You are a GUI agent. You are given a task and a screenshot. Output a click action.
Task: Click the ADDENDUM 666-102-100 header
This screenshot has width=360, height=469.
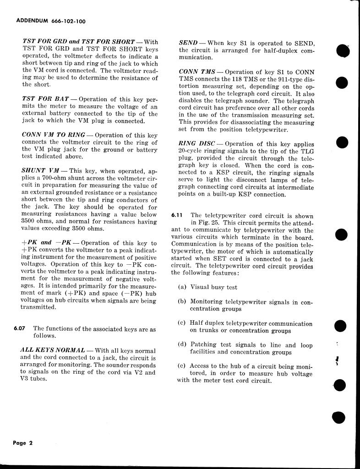point(50,21)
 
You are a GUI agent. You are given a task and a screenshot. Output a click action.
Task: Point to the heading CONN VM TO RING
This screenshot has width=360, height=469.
point(53,135)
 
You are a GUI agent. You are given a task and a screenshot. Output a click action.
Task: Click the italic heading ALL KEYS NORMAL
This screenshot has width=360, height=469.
point(53,350)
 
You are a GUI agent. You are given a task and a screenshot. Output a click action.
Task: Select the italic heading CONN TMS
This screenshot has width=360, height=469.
point(197,72)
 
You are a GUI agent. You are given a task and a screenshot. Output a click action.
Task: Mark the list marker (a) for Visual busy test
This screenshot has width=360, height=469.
point(182,287)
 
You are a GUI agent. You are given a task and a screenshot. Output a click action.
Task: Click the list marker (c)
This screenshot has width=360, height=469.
point(182,323)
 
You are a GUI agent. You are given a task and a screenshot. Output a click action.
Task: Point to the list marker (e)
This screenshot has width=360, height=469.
point(182,366)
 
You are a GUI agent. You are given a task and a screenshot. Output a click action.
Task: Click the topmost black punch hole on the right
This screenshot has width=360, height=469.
point(342,51)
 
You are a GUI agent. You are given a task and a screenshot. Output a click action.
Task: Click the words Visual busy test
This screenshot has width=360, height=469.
point(214,287)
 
